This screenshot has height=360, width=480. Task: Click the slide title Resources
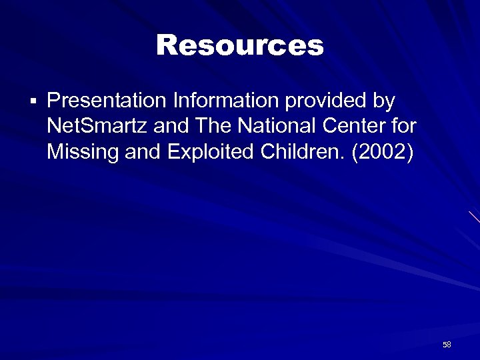point(239,45)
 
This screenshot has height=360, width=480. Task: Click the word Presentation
point(107,101)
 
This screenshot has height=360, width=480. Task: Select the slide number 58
point(447,345)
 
